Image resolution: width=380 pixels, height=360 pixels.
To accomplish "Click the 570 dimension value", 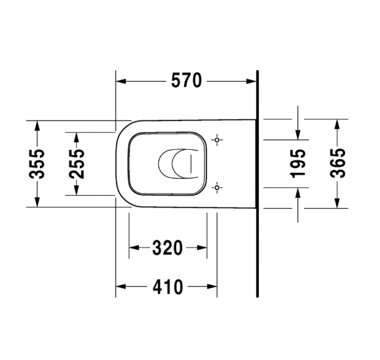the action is [186, 81].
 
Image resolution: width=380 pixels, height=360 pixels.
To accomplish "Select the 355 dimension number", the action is [37, 164].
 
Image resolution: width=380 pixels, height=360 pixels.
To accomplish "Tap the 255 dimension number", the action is [77, 164].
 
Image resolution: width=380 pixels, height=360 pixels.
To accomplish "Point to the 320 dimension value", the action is [167, 248].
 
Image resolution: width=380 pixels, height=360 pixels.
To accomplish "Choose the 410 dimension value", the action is [168, 287].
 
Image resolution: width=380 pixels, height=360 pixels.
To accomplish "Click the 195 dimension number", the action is [298, 164].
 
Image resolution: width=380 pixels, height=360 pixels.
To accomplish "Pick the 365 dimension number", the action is [337, 163].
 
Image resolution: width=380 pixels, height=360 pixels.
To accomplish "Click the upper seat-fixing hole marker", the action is [217, 140].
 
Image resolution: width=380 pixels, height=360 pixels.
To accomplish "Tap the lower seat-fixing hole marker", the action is [217, 188].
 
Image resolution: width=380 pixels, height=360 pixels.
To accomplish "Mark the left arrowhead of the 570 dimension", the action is [121, 81].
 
